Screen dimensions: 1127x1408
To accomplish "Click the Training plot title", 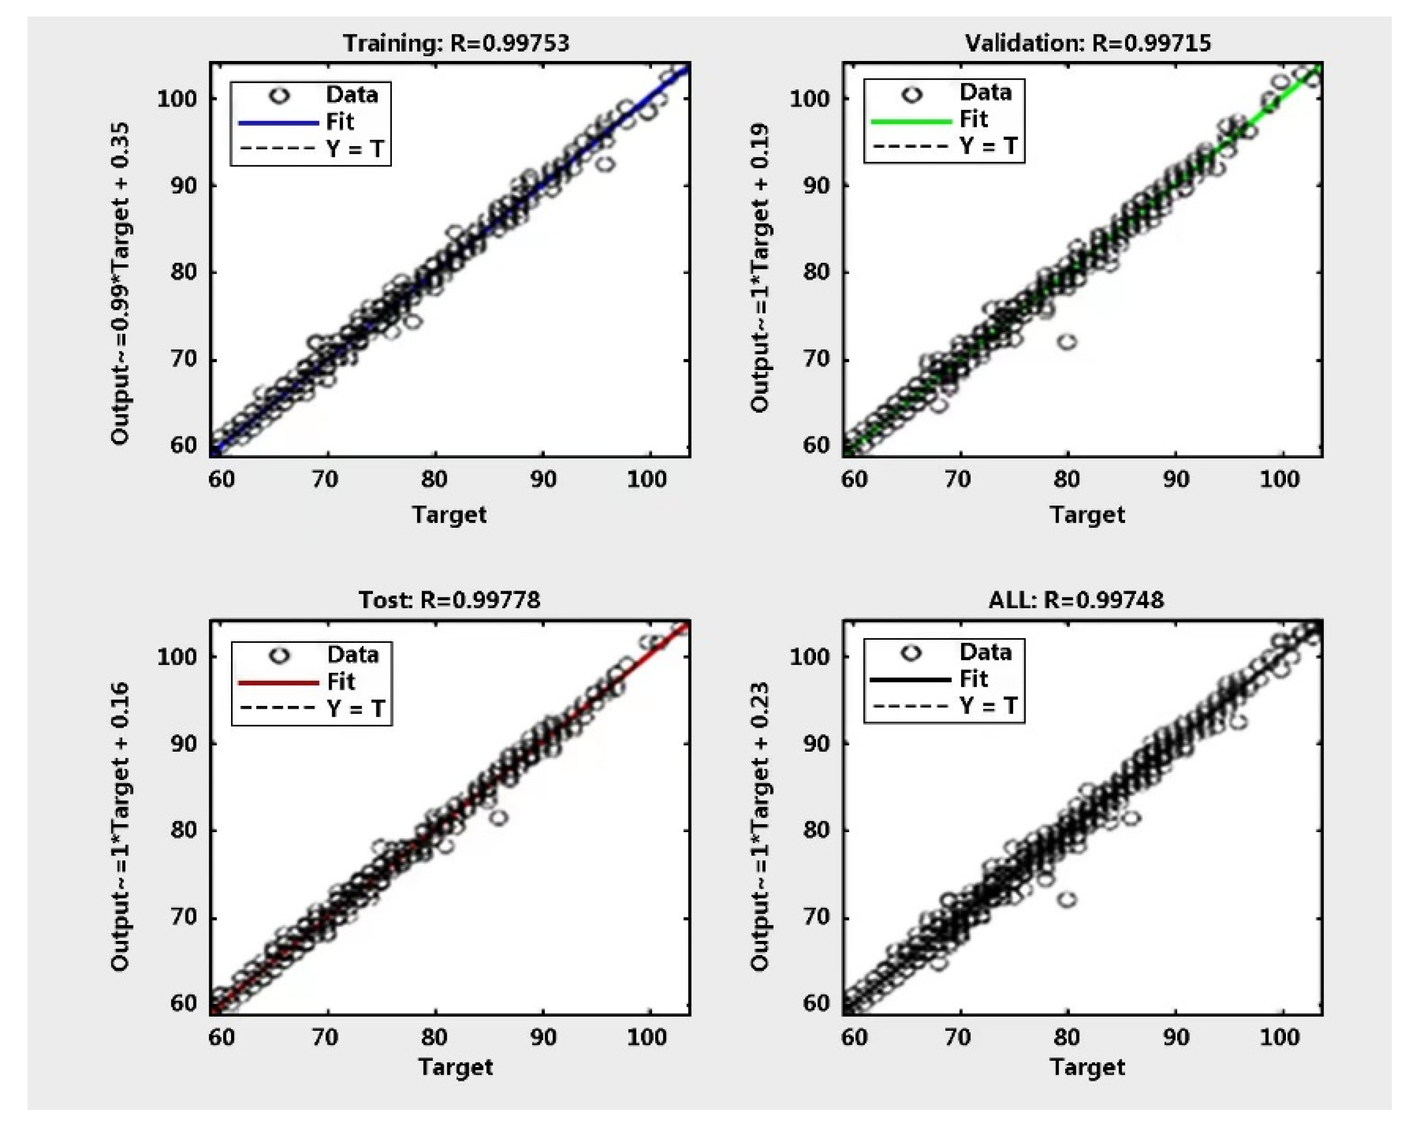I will coord(456,43).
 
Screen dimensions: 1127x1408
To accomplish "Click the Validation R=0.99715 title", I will coord(1087,43).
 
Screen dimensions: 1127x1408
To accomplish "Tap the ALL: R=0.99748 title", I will coord(1075,599).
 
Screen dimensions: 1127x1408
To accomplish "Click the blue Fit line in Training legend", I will coord(278,122).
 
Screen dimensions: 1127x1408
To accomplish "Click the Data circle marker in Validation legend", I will coord(911,95).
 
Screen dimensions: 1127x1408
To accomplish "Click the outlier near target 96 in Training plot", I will coord(606,163).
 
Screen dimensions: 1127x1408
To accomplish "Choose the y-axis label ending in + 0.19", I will coord(759,268).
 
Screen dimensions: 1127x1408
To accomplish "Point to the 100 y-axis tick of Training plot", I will coord(176,98).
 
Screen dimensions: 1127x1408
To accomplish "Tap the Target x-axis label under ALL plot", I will coord(1087,1066).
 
